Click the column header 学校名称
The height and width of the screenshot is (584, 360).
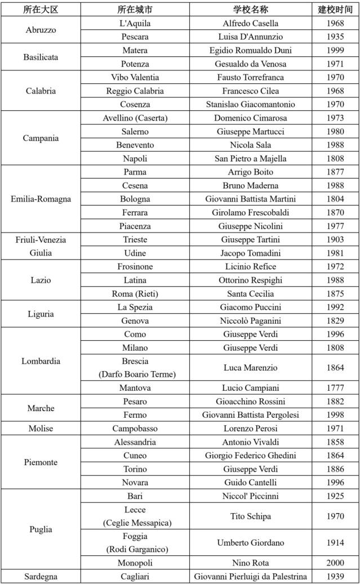pos(250,10)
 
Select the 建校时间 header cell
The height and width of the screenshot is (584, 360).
pos(335,10)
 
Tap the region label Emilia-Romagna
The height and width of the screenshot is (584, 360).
pos(41,199)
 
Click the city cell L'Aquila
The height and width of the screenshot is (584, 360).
pos(135,23)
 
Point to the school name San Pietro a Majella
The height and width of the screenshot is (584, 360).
pos(250,158)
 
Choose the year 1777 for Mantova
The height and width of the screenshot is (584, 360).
pos(335,388)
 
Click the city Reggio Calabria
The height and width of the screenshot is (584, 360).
pos(135,91)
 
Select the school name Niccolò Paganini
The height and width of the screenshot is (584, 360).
pos(250,320)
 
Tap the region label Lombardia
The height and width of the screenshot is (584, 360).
pos(41,361)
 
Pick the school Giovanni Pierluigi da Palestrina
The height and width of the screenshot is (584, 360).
pos(250,576)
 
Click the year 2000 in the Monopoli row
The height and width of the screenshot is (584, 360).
pos(335,563)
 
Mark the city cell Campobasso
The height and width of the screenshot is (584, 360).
pos(135,429)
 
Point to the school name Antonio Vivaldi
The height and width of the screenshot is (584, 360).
pos(250,442)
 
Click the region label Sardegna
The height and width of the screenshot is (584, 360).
pos(41,576)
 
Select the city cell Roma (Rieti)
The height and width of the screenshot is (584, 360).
pos(135,293)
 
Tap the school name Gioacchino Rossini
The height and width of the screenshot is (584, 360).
pos(250,402)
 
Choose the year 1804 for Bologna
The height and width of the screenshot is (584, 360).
pos(335,199)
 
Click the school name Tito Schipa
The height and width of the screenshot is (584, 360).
pos(250,516)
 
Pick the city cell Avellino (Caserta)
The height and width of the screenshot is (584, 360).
pos(135,118)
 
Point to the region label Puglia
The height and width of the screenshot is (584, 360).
pos(41,529)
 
